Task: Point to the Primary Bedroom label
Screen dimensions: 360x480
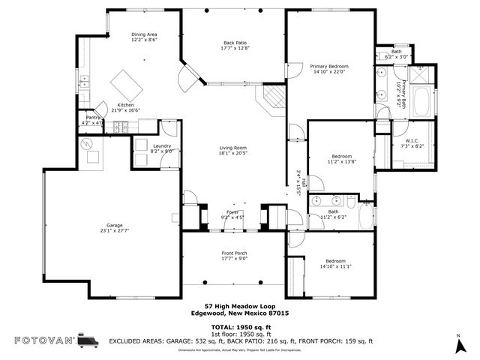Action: click(x=330, y=66)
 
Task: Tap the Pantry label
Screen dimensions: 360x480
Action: click(x=93, y=118)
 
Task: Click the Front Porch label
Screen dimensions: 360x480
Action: click(x=234, y=253)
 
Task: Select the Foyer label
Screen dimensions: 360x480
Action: click(x=232, y=212)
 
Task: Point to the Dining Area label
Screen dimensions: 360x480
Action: click(x=143, y=34)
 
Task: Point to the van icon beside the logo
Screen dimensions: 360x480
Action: click(x=90, y=339)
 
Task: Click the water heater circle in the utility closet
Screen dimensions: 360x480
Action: click(x=87, y=142)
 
